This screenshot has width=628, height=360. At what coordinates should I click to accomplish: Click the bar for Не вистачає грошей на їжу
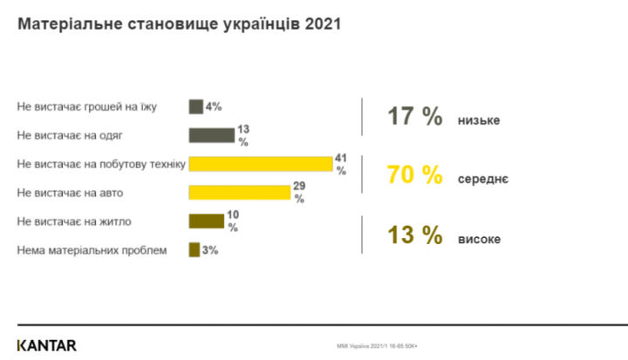(x=195, y=107)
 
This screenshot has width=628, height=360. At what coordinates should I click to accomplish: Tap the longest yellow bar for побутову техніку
(x=260, y=164)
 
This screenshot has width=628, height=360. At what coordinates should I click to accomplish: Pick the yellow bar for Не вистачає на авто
(x=239, y=192)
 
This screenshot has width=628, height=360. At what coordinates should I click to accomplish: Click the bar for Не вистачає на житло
(x=206, y=221)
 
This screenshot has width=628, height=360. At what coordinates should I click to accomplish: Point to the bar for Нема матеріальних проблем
(x=194, y=249)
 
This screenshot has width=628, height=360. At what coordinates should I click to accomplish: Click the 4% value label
(x=214, y=107)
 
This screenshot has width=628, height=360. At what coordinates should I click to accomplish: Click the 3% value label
(x=209, y=249)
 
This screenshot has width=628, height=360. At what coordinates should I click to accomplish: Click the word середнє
(x=482, y=179)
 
